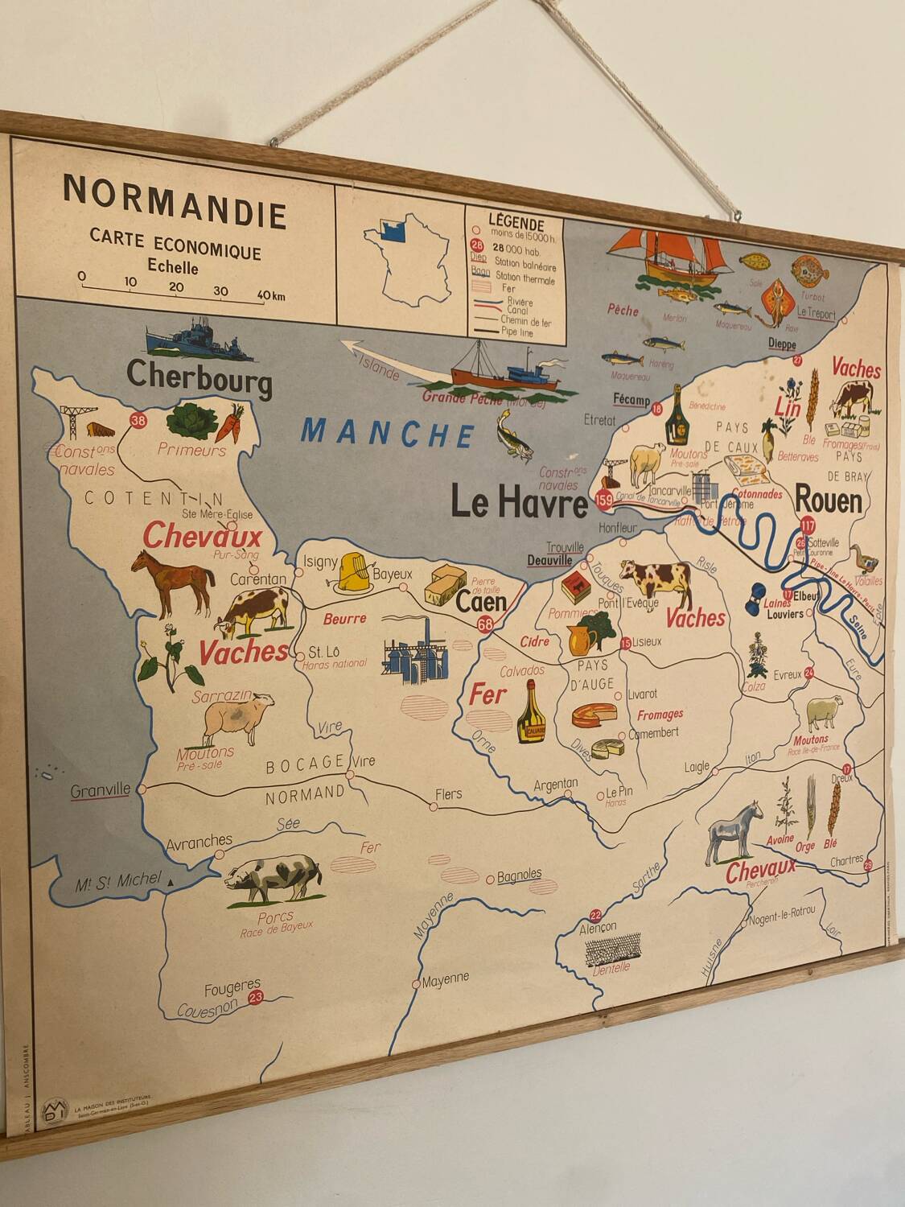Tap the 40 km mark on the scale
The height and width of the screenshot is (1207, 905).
[x=270, y=295]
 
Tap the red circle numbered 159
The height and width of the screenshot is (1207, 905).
[x=604, y=501]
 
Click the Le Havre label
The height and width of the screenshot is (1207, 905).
[x=519, y=504]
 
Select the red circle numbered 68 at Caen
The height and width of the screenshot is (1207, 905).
[x=485, y=624]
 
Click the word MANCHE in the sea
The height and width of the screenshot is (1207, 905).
[x=388, y=433]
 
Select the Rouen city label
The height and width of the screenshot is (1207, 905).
[x=829, y=501]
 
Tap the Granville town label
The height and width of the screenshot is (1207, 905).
[x=100, y=790]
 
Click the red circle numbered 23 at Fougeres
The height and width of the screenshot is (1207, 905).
[x=257, y=998]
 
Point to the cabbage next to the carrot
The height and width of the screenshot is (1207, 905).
[x=190, y=422]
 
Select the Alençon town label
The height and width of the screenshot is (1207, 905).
[x=599, y=928]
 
